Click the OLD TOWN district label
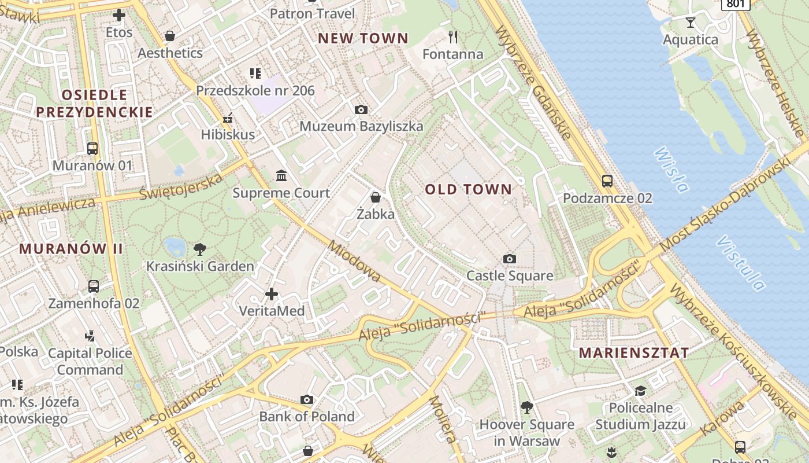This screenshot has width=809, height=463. pos(468,189)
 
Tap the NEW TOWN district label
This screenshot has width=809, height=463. pos(363,39)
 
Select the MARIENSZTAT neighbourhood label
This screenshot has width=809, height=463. pos(634,353)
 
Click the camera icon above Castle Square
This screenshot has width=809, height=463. pos(509,259)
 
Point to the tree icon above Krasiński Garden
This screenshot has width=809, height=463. pos(200,249)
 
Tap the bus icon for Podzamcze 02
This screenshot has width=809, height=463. pos(607,181)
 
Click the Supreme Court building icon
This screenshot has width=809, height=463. pos(281,175)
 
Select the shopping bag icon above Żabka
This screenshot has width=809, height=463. pos(376,197)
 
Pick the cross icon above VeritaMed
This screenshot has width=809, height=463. pos(272,294)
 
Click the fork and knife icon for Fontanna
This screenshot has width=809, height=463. pos(453,37)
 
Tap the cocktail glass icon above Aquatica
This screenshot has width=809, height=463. pos(690,23)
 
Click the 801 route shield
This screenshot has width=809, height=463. pos(736,4)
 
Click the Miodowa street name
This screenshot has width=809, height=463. pos(354,261)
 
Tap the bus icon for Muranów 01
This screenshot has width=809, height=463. pos(92,148)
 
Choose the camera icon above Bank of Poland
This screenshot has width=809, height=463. pos(307,399)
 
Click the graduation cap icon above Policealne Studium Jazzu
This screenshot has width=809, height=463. pos(640,391)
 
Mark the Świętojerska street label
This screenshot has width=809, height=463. pos(181,187)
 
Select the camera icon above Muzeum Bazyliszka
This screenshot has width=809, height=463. pos(361,109)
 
